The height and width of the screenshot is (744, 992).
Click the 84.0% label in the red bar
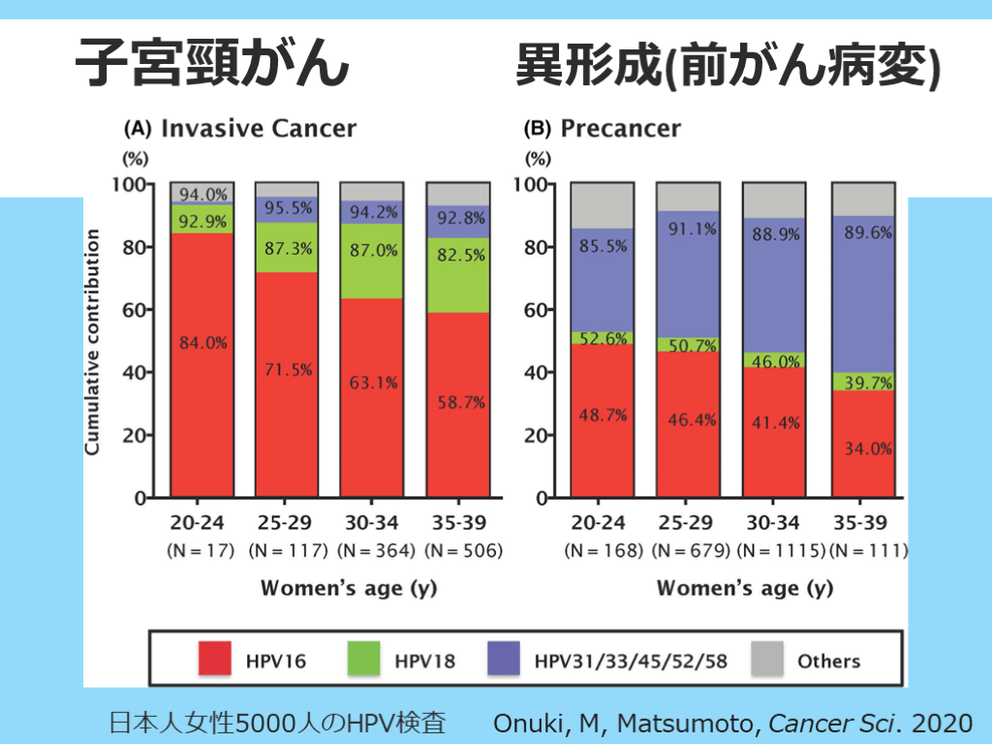pyautogui.click(x=202, y=341)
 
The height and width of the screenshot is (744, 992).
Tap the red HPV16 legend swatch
pyautogui.click(x=228, y=662)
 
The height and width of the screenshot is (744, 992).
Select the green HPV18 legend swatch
pyautogui.click(x=377, y=662)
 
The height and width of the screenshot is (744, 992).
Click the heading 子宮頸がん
pyautogui.click(x=212, y=65)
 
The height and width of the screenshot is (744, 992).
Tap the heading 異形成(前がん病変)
pyautogui.click(x=728, y=67)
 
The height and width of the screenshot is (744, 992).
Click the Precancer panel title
pyautogui.click(x=620, y=128)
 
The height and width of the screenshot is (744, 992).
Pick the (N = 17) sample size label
pyautogui.click(x=202, y=551)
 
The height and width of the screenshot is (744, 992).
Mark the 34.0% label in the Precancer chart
pyautogui.click(x=864, y=449)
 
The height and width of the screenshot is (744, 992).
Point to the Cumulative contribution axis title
pyautogui.click(x=93, y=343)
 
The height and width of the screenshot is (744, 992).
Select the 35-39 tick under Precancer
pyautogui.click(x=860, y=523)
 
